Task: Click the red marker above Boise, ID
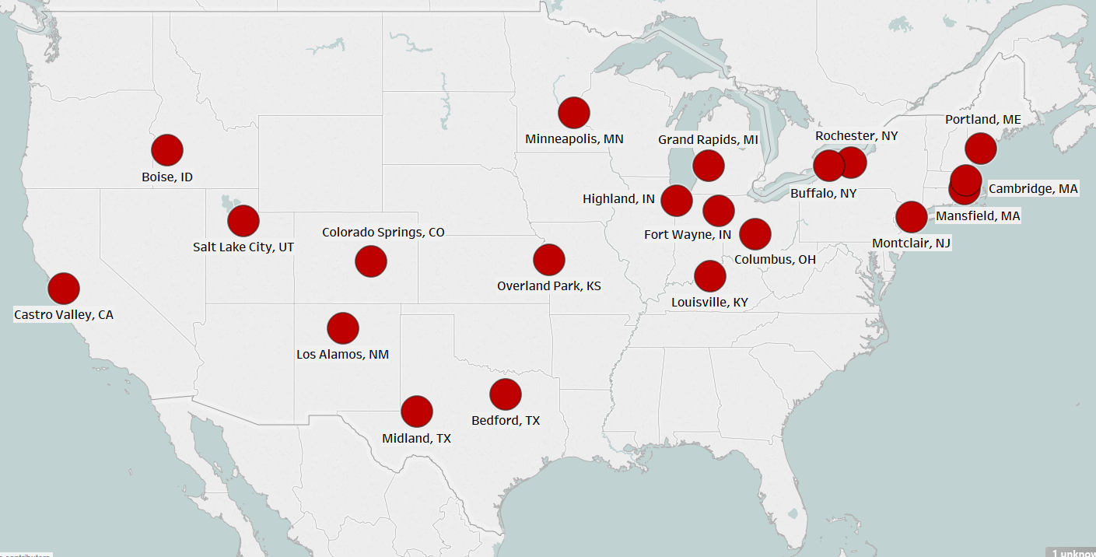coord(167,150)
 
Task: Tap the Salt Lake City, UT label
coord(243,247)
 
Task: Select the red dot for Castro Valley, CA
coord(64,289)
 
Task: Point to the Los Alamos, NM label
coord(342,354)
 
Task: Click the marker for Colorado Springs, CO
coord(371,261)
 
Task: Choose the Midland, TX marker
coord(417,412)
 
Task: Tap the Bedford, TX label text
coord(506,420)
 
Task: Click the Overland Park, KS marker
coord(549,260)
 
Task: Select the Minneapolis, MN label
coord(574,139)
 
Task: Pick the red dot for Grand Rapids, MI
coord(709,165)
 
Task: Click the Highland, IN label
coord(618,199)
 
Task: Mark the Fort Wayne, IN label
coord(688,234)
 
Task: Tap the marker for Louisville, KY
coord(709,275)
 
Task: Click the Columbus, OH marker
coord(755,233)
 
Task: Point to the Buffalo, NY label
coord(823,193)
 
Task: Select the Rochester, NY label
coord(856,135)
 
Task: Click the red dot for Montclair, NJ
coord(911,217)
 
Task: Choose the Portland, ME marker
coord(981,148)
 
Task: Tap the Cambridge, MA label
coord(1033,188)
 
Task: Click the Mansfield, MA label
coord(978,215)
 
